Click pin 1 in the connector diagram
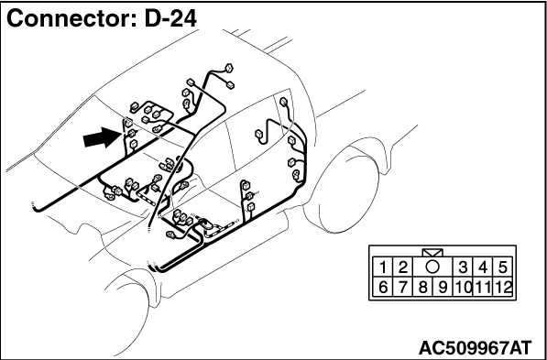point(383,267)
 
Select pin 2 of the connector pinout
point(403,267)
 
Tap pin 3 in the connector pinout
point(463,267)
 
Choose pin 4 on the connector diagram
point(483,267)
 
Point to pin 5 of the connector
point(502,267)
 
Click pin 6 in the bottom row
point(383,288)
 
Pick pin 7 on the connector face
point(403,288)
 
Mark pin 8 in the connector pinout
point(422,288)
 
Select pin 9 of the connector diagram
point(443,288)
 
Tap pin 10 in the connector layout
point(463,288)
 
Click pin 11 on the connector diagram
point(483,288)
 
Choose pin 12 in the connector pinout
point(502,288)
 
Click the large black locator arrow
point(102,138)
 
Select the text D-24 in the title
point(170,19)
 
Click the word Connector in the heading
point(71,19)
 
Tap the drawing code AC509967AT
point(475,347)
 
